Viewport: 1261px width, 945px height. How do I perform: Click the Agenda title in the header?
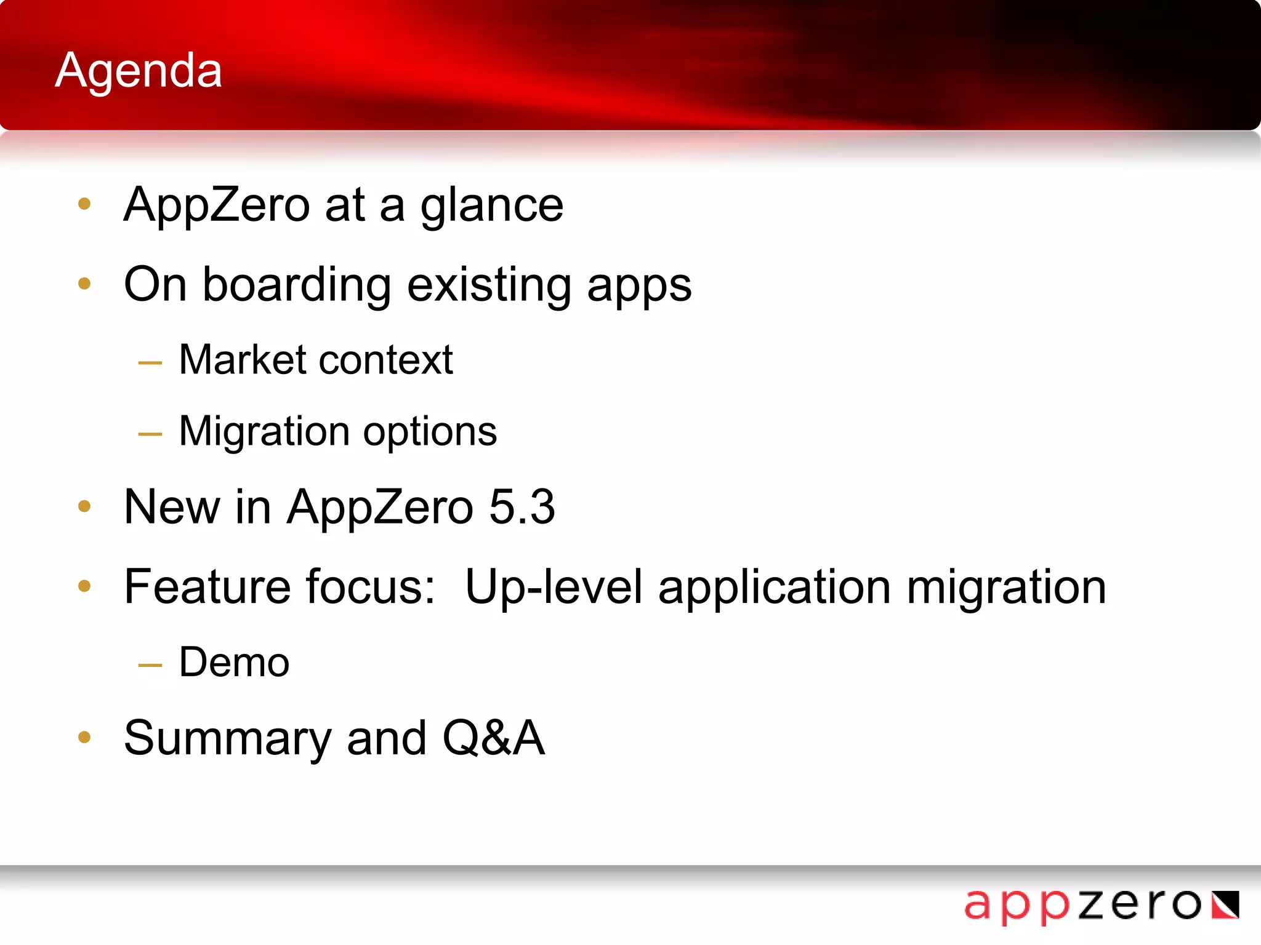[x=139, y=71]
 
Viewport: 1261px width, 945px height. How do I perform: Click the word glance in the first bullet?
[x=491, y=206]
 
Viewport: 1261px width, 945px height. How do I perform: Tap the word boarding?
[x=297, y=285]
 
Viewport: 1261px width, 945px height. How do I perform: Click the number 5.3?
[x=522, y=507]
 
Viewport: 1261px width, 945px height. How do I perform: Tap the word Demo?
[x=234, y=663]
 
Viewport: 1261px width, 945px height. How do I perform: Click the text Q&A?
[x=493, y=738]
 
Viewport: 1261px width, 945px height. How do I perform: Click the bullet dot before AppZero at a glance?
[x=84, y=204]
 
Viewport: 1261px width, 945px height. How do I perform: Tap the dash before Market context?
[x=150, y=363]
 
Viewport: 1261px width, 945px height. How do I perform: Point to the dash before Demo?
[x=150, y=665]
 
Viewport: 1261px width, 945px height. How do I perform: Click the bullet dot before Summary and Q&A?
[x=84, y=737]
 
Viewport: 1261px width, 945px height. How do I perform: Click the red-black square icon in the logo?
[x=1225, y=905]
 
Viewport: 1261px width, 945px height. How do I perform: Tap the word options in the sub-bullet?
[x=430, y=433]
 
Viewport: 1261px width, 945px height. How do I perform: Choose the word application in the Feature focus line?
[x=775, y=588]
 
